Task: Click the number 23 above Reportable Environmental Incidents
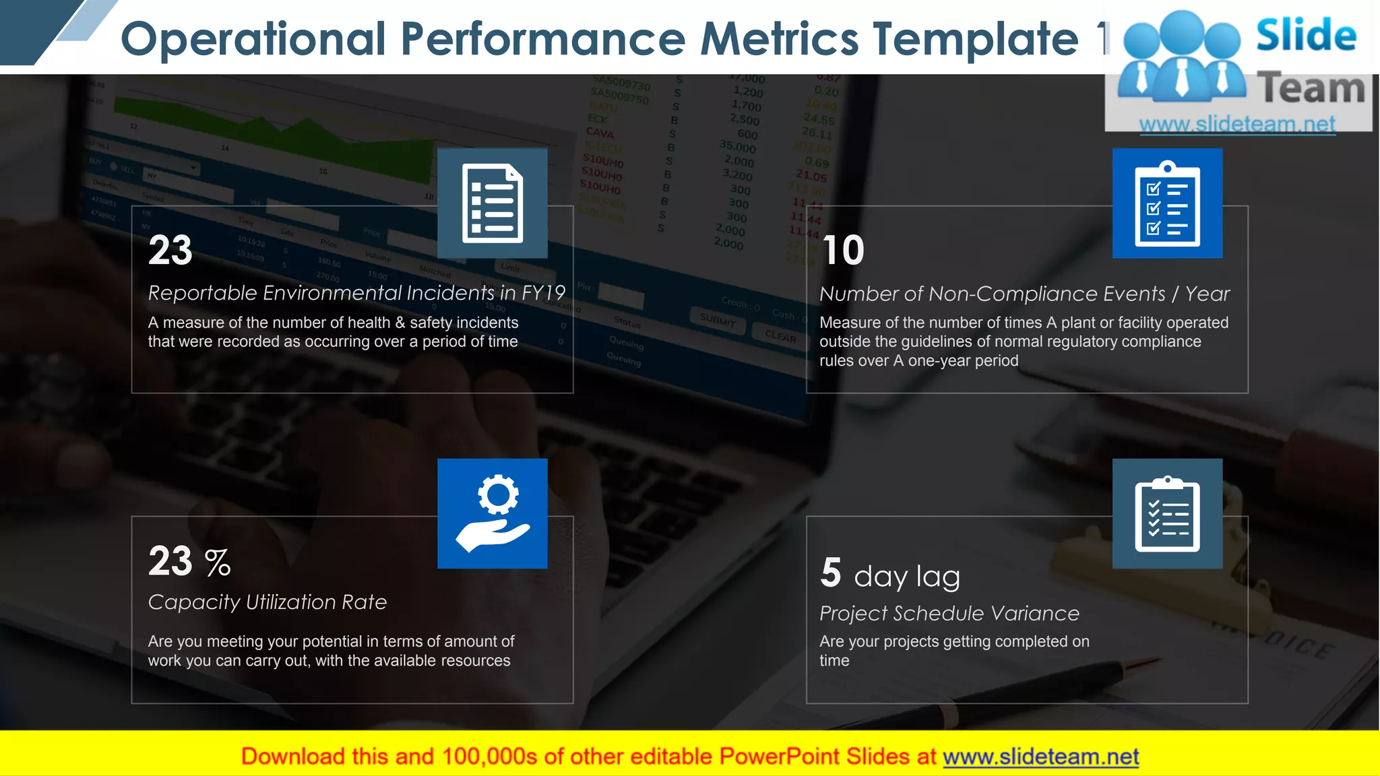[x=170, y=251]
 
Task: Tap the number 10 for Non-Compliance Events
[x=842, y=251]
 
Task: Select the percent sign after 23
[x=218, y=562]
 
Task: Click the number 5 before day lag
[x=831, y=573]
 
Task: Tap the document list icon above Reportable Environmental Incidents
[x=492, y=203]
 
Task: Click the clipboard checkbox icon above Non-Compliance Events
[x=1167, y=203]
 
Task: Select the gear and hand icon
[x=492, y=513]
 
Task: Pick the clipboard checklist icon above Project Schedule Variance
[x=1167, y=513]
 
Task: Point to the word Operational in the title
[x=253, y=38]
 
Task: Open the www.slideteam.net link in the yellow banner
[x=1040, y=756]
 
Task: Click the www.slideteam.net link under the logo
[x=1237, y=124]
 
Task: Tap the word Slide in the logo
[x=1306, y=35]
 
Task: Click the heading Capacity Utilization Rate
[x=268, y=602]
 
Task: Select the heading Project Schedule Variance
[x=949, y=613]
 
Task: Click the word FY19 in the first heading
[x=543, y=292]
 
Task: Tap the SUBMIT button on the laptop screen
[x=718, y=321]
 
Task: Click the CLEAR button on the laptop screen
[x=780, y=335]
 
